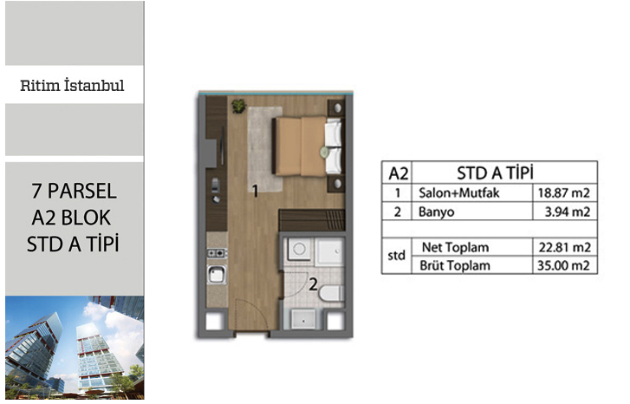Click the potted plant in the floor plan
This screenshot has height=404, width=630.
pyautogui.click(x=238, y=106)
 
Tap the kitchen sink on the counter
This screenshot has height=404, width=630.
pyautogui.click(x=216, y=275)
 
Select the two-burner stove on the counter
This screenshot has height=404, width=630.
pyautogui.click(x=217, y=253)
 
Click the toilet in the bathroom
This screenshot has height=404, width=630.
pyautogui.click(x=332, y=293)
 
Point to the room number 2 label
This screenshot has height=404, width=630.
pyautogui.click(x=313, y=285)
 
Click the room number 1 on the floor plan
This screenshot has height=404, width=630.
pyautogui.click(x=255, y=191)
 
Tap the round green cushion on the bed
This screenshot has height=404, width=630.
pyautogui.click(x=324, y=152)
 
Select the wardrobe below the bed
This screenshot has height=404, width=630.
pyautogui.click(x=312, y=219)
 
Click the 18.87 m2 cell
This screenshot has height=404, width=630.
pyautogui.click(x=564, y=193)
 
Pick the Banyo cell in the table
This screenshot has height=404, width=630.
pyautogui.click(x=437, y=212)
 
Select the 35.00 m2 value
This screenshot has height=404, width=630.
pyautogui.click(x=563, y=265)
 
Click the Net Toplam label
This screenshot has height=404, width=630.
pyautogui.click(x=455, y=247)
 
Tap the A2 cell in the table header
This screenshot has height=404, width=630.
pyautogui.click(x=398, y=173)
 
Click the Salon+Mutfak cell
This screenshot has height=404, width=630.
pyautogui.click(x=458, y=193)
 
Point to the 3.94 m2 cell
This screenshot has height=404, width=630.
pyautogui.click(x=567, y=212)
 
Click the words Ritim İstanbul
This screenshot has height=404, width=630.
pyautogui.click(x=72, y=86)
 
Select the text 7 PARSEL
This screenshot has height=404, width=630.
pyautogui.click(x=74, y=191)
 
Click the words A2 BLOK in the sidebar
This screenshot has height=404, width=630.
pyautogui.click(x=71, y=218)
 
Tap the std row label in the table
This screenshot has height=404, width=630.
pyautogui.click(x=396, y=255)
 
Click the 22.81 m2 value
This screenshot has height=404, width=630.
pyautogui.click(x=564, y=247)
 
